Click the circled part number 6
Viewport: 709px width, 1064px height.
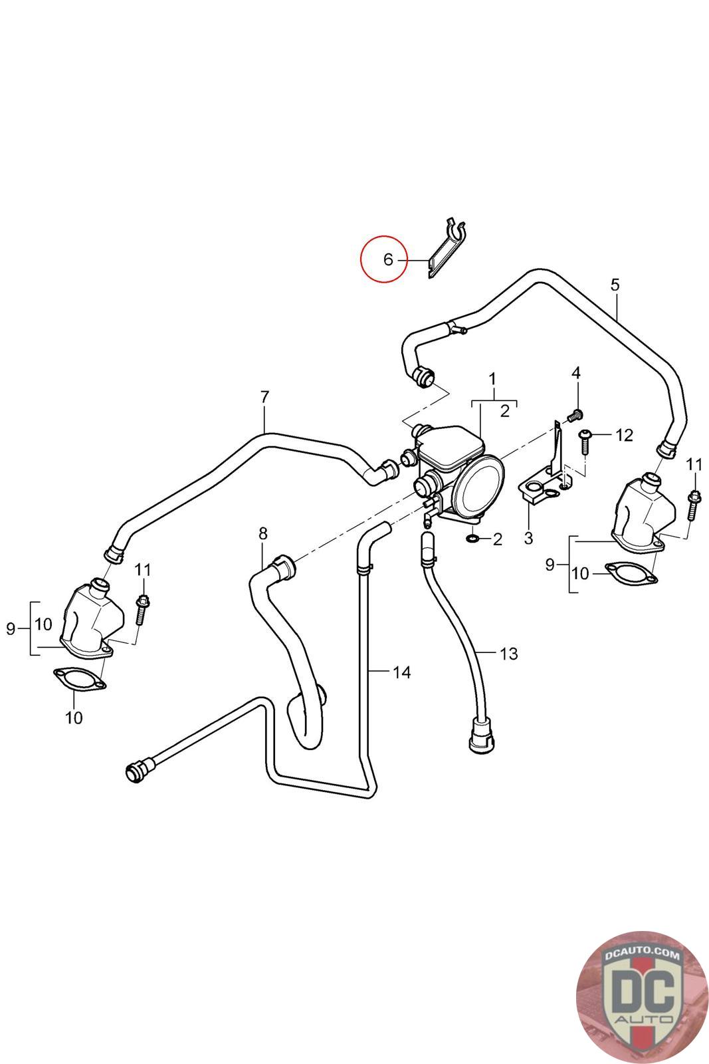click(387, 259)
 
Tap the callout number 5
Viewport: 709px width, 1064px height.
click(615, 285)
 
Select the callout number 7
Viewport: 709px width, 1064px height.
click(264, 396)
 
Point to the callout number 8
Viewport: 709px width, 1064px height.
click(263, 533)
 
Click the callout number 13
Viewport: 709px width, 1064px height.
click(508, 654)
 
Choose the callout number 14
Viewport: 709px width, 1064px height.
click(401, 672)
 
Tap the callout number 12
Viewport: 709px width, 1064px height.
click(624, 435)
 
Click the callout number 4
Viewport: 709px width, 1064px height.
click(575, 373)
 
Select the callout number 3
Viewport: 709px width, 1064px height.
click(528, 538)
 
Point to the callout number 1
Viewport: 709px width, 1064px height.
click(492, 379)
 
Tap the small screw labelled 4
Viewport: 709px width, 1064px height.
click(575, 416)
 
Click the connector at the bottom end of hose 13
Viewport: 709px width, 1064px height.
click(482, 735)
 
